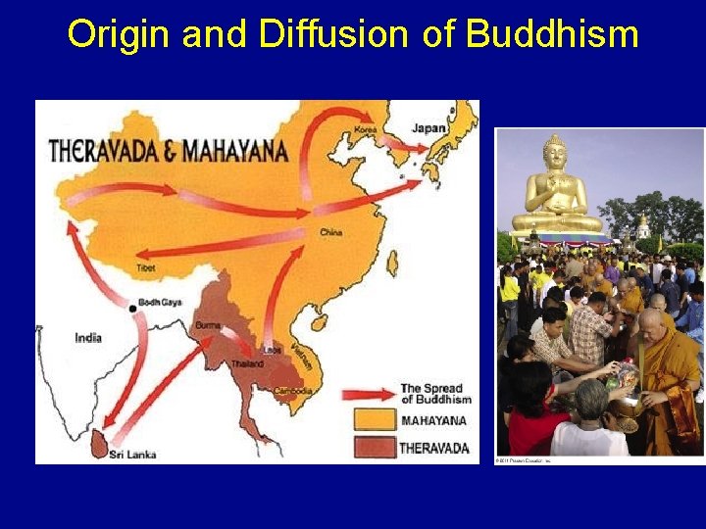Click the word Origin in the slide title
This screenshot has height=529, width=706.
click(x=107, y=35)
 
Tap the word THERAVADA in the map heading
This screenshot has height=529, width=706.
click(x=109, y=151)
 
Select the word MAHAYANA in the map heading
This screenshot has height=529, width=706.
click(x=235, y=151)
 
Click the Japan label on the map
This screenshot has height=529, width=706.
click(x=429, y=127)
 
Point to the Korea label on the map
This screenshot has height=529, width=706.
click(x=366, y=129)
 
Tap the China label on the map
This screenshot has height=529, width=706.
click(x=331, y=232)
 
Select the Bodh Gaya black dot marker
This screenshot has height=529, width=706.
click(x=133, y=309)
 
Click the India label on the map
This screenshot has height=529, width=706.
click(x=88, y=338)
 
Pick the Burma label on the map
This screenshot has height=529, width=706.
click(x=207, y=324)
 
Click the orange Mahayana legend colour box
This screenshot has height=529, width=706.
click(x=373, y=422)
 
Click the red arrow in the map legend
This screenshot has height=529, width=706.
click(x=368, y=395)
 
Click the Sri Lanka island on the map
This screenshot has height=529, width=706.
click(x=99, y=442)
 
